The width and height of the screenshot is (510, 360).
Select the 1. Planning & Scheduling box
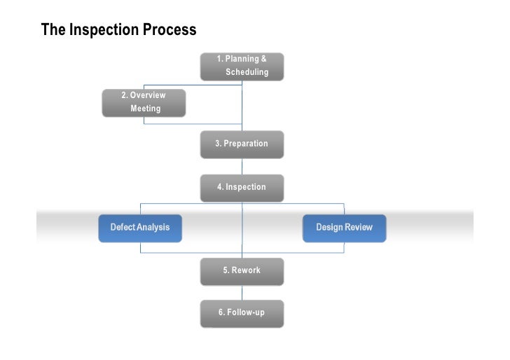(242, 66)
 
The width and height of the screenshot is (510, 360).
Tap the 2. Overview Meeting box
(144, 102)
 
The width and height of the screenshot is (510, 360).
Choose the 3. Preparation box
(242, 144)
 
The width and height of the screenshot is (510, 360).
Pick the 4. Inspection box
(242, 188)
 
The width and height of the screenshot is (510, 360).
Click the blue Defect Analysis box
(140, 228)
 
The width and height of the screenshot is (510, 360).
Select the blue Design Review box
(344, 228)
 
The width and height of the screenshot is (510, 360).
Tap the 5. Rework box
(242, 270)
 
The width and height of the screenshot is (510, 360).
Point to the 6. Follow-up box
(242, 312)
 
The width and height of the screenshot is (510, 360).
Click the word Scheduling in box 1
(247, 72)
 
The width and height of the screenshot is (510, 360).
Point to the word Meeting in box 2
(146, 109)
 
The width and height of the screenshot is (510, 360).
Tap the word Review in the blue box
(358, 228)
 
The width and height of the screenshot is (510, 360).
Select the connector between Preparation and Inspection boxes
(242, 166)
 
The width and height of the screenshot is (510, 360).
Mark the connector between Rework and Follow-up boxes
(242, 292)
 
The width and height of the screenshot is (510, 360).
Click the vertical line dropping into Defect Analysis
(141, 209)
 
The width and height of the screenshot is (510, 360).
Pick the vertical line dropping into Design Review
(344, 209)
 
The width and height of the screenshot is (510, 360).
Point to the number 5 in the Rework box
(226, 270)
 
